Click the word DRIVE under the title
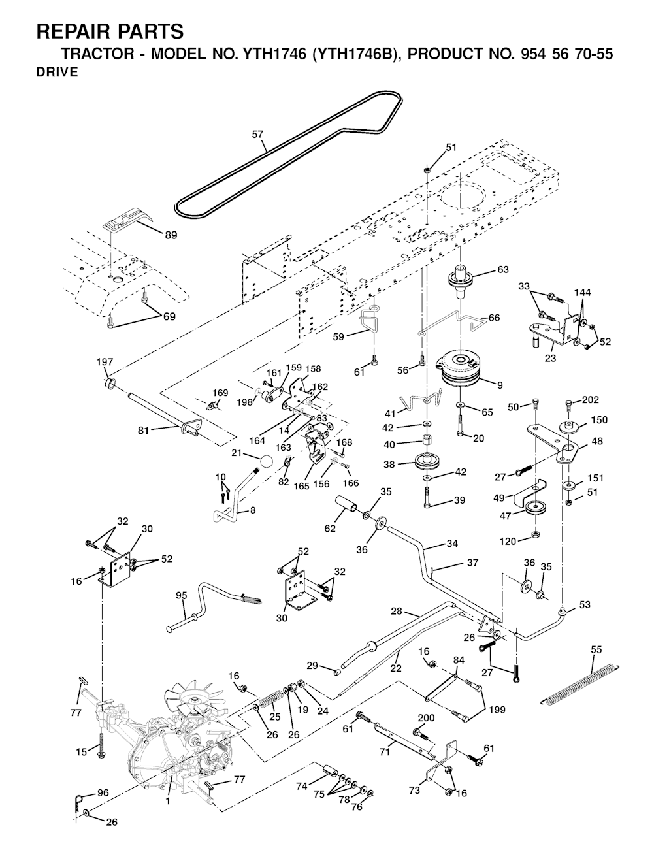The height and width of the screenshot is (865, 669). [x=57, y=73]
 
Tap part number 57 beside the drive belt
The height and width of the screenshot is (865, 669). [x=258, y=135]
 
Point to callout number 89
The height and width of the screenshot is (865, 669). [x=171, y=235]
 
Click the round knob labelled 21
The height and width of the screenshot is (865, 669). [x=266, y=460]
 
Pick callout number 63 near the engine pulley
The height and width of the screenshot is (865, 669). [x=502, y=269]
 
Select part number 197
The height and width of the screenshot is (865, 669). [x=105, y=362]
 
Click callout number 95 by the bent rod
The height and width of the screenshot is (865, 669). [x=182, y=595]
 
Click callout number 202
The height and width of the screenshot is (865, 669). [x=590, y=400]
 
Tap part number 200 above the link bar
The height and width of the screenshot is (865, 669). [x=426, y=717]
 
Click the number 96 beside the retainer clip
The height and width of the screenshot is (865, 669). [x=103, y=793]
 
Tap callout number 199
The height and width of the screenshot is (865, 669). [x=497, y=709]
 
